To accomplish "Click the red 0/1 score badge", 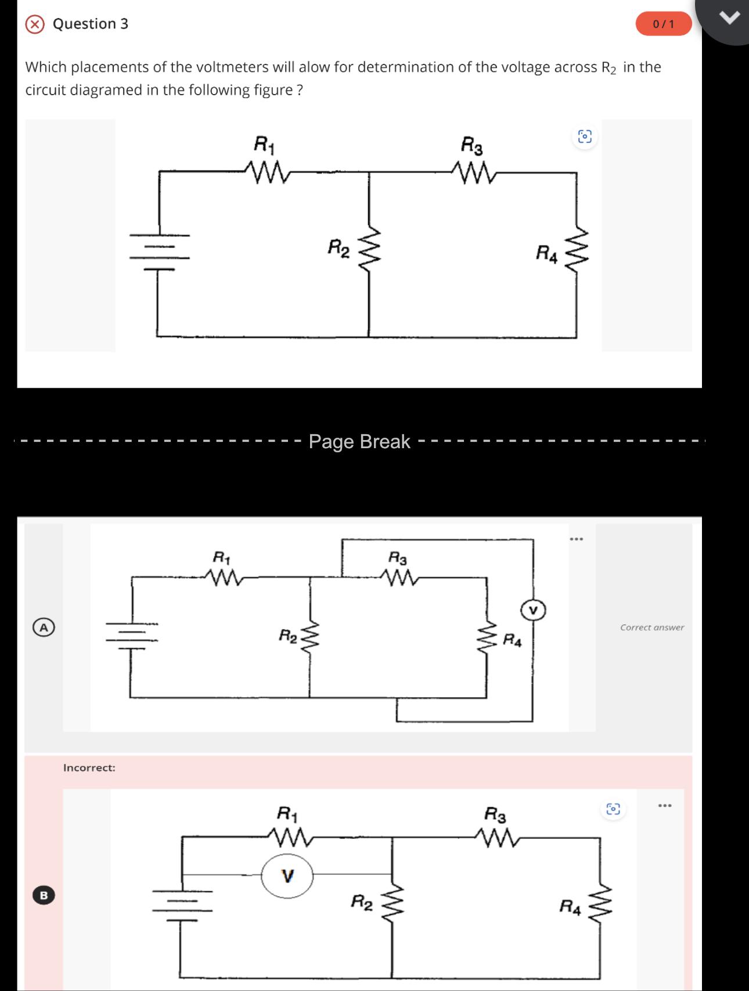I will coord(664,24).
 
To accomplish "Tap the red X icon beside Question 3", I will coord(35,24).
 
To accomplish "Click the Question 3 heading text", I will coord(91,24).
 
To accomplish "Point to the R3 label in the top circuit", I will coord(471,144).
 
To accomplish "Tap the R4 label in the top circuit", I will coord(546,254).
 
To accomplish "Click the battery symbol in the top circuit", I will coord(159,253).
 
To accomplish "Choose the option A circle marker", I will coord(44,628).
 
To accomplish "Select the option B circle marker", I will coord(44,895).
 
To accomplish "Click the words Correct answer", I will coord(652,628).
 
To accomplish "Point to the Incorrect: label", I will coord(89,768).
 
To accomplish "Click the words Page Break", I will coord(359,442).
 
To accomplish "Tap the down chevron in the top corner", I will coord(730,19).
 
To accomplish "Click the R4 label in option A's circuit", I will coord(512,641).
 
